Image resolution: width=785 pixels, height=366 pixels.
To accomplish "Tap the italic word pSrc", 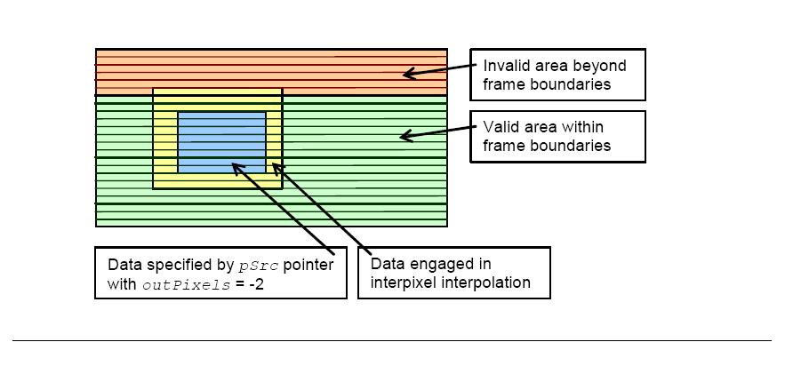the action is tap(258, 266).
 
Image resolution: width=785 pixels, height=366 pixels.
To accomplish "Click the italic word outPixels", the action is tap(186, 285).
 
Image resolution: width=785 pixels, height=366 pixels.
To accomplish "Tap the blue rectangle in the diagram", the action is tap(221, 142).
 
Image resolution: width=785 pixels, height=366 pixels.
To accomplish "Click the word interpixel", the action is tap(404, 282).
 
